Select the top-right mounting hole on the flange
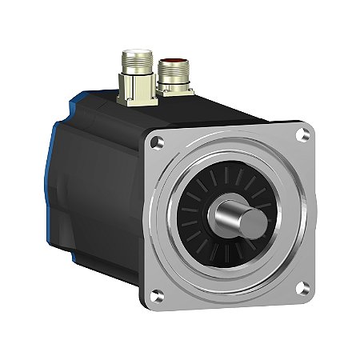302,135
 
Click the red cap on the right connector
171,61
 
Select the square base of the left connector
135,98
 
